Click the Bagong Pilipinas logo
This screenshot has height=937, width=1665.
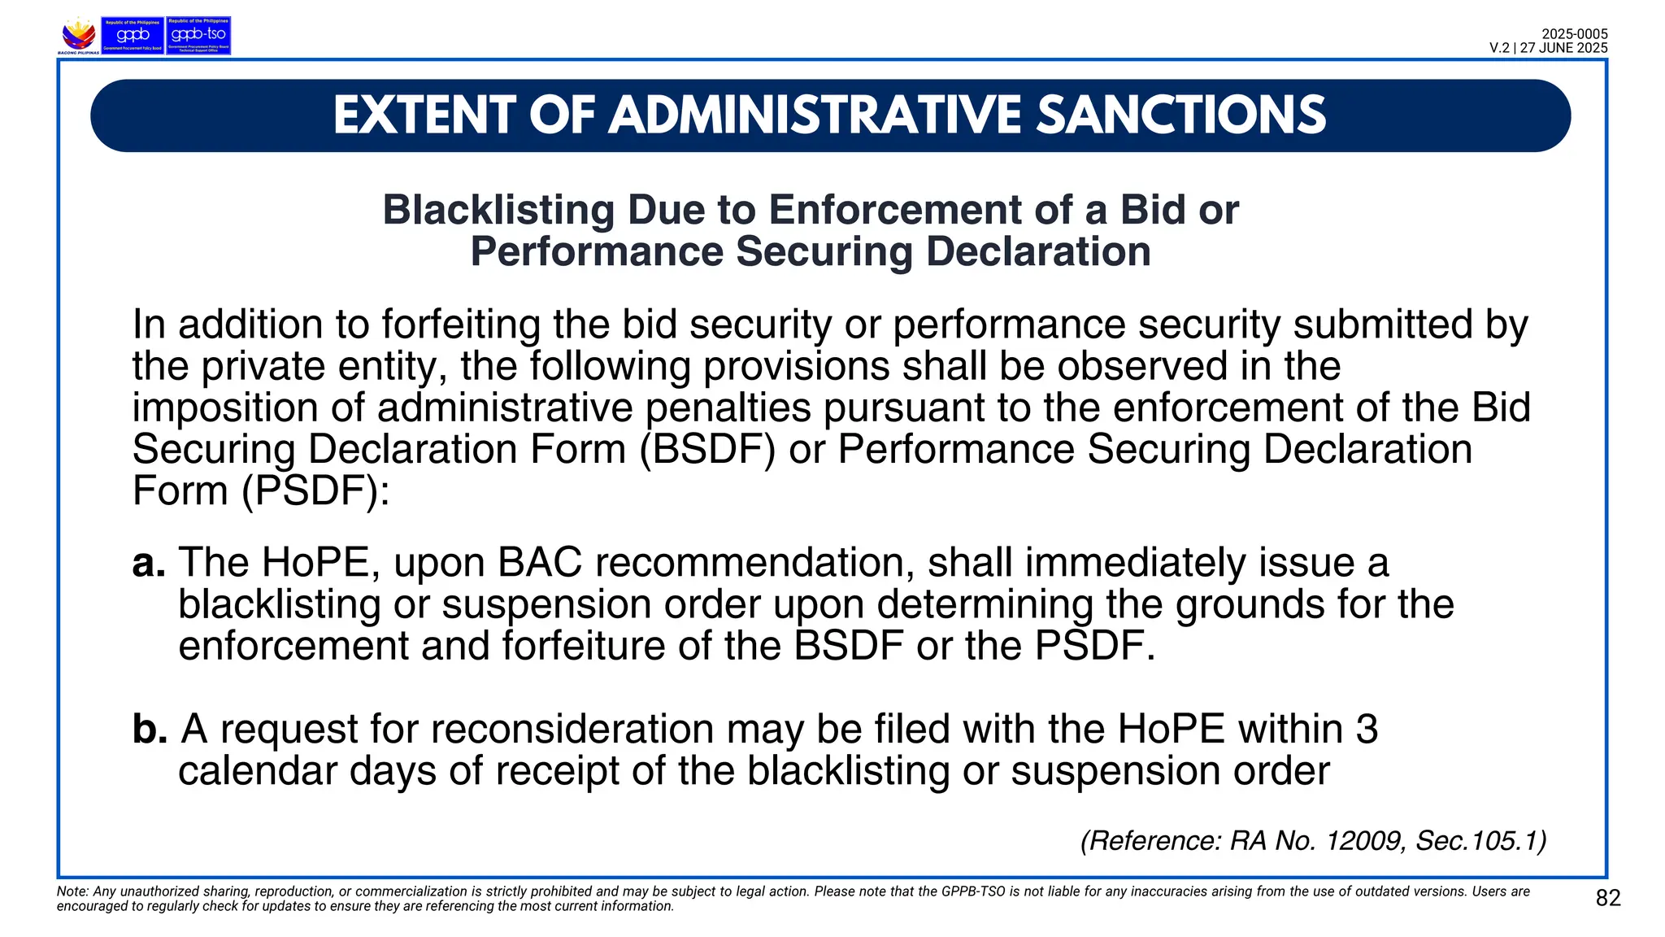[x=79, y=36]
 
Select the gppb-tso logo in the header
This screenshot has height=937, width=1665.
[x=198, y=36]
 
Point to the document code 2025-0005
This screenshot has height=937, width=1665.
[x=1575, y=34]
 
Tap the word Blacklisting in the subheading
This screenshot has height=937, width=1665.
[x=498, y=210]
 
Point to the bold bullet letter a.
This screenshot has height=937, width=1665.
[x=148, y=563]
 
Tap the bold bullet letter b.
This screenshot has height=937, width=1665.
[x=149, y=729]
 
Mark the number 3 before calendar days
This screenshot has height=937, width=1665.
[x=1367, y=729]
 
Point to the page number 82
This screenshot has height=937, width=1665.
[x=1608, y=898]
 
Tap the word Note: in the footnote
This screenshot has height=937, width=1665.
[x=72, y=891]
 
